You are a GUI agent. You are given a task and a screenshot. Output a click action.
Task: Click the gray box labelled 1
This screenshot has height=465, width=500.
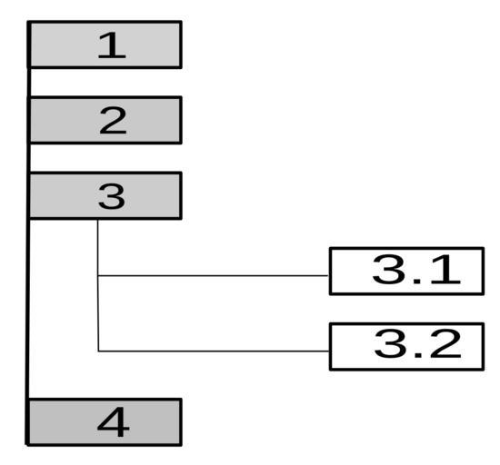(x=105, y=45)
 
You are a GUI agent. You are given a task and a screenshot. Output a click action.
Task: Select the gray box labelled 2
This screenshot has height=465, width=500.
(x=105, y=120)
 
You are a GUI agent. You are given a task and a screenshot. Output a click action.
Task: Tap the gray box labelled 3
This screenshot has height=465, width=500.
(x=105, y=195)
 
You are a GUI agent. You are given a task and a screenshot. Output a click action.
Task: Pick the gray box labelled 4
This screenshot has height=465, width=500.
(x=104, y=422)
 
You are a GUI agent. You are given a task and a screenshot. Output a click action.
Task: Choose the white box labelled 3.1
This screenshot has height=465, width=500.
(x=406, y=271)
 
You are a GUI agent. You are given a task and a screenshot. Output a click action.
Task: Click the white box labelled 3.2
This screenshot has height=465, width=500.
(x=406, y=347)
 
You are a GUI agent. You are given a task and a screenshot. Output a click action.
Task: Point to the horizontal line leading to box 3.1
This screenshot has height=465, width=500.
(x=214, y=275)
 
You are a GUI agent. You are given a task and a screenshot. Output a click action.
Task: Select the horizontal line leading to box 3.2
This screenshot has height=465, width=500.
(x=214, y=351)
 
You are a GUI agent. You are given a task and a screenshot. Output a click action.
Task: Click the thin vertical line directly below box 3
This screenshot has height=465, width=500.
(x=98, y=285)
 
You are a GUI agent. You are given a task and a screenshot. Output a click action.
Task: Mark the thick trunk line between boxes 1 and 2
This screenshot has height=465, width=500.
(x=29, y=82)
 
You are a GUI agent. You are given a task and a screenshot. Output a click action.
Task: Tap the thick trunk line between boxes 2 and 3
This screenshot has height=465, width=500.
(x=29, y=158)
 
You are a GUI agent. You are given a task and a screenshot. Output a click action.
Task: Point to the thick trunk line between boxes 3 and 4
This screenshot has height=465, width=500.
(x=28, y=309)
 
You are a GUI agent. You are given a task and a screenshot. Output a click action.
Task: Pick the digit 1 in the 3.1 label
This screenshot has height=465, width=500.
(x=445, y=269)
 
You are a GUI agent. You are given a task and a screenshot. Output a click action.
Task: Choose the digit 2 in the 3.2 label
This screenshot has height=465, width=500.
(x=445, y=344)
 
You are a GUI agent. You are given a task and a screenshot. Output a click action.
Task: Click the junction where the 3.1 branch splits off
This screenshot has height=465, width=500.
(x=98, y=275)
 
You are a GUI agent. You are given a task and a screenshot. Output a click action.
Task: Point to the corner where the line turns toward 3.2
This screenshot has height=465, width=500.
(x=98, y=351)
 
